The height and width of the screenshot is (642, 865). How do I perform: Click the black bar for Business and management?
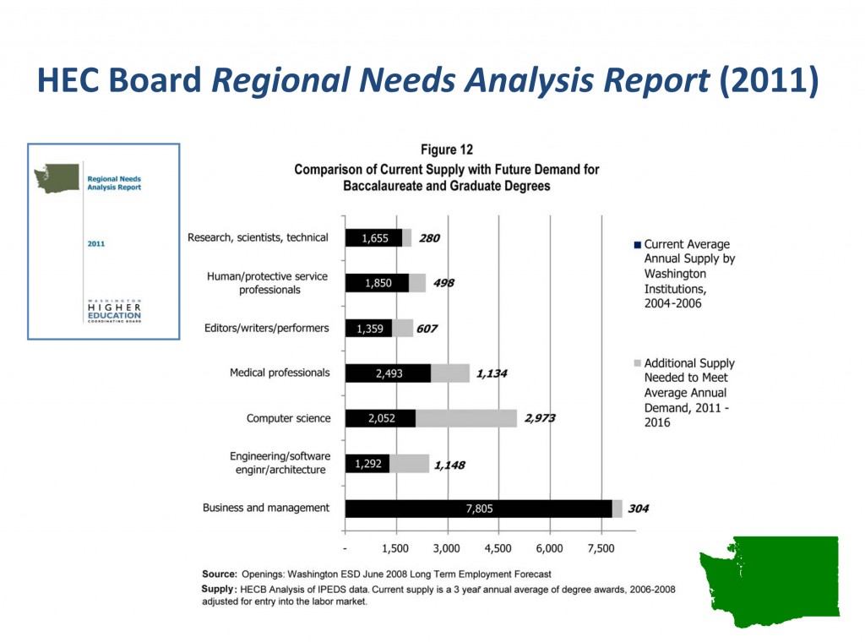[479, 509]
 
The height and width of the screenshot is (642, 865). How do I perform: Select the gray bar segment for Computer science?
[466, 418]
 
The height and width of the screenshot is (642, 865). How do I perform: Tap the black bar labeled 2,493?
[389, 373]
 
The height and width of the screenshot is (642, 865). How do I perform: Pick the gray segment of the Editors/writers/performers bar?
[403, 328]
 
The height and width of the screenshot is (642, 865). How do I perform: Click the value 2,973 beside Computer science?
[540, 418]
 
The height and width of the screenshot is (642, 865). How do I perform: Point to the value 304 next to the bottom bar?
[639, 509]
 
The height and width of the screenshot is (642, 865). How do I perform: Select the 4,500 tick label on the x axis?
[498, 548]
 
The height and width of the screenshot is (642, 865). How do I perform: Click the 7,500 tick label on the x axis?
[601, 548]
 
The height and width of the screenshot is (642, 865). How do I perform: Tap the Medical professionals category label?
[280, 373]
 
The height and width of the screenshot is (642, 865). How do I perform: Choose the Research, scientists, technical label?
[258, 237]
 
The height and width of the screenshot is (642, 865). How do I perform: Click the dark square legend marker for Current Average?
[638, 244]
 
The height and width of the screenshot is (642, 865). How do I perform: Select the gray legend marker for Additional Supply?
[638, 363]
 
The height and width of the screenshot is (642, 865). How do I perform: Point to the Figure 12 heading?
[447, 150]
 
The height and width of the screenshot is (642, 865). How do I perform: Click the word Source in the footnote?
[220, 574]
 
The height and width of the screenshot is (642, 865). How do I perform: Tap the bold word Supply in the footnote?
[218, 590]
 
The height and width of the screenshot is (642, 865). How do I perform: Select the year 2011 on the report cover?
[96, 244]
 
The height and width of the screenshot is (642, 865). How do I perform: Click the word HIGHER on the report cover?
[114, 307]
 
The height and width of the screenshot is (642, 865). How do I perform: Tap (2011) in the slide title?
[769, 80]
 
